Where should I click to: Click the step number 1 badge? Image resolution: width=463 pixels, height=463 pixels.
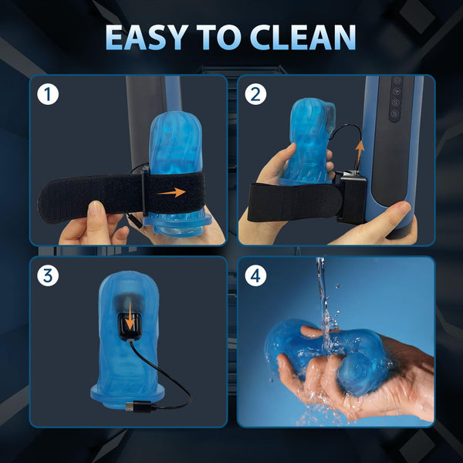(x=49, y=95)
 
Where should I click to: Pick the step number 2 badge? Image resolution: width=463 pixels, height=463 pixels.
(x=256, y=95)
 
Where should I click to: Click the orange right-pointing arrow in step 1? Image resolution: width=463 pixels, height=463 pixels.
(x=174, y=191)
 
